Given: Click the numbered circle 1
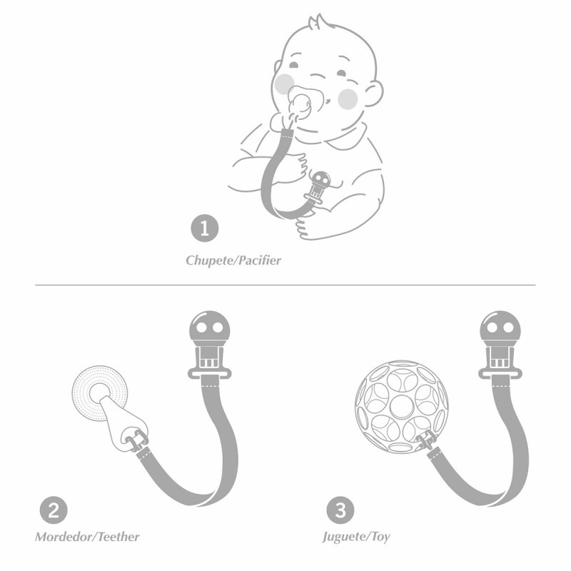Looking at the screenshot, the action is (205, 228).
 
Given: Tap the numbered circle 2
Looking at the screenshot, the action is (54, 510).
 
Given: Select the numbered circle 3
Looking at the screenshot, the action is (340, 510).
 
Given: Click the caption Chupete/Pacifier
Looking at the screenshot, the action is (233, 261).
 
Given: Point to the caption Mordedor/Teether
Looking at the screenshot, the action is (87, 537).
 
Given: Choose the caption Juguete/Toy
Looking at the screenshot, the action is (356, 537).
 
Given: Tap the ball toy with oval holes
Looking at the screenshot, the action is (401, 406).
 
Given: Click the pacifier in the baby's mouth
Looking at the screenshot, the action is (300, 103).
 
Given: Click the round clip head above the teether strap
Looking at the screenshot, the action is (209, 328).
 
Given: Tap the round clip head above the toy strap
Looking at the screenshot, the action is (500, 328).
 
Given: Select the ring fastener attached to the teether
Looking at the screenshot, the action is (136, 440).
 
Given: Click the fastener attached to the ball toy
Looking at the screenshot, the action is (427, 440).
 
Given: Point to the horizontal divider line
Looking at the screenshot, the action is (285, 285).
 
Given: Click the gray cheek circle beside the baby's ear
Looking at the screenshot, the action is (348, 98).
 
